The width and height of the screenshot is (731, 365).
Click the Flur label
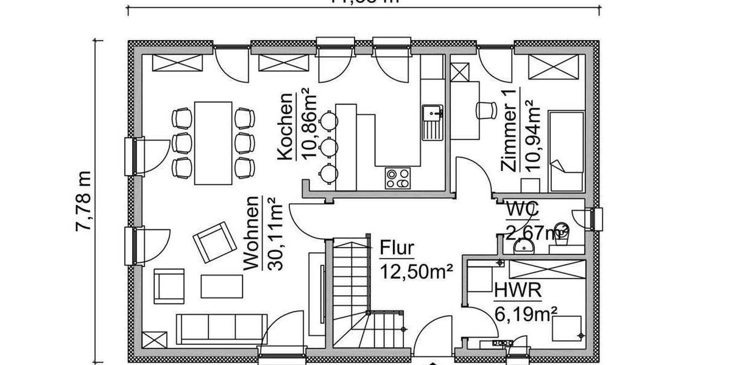tap(397, 248)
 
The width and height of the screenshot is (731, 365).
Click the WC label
tap(522, 209)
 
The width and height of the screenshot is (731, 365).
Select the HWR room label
tap(518, 291)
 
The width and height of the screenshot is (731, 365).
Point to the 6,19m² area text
tap(526, 314)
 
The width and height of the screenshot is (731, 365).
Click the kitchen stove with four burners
tap(398, 178)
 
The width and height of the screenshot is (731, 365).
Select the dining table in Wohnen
tap(213, 143)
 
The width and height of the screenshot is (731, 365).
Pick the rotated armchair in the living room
tap(215, 240)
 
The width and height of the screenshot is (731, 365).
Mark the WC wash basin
tap(523, 246)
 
